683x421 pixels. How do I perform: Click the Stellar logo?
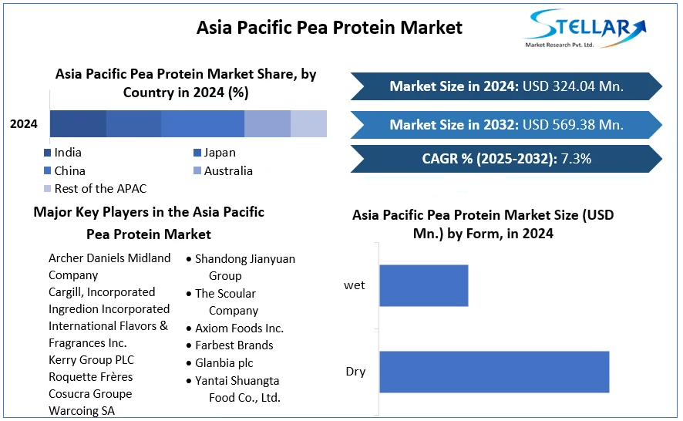[x=585, y=29]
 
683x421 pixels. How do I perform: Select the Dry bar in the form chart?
[x=494, y=372]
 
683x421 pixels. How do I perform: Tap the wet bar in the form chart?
[x=424, y=285]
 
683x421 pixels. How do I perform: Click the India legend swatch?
[x=48, y=153]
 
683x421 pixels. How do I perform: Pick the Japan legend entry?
[x=215, y=153]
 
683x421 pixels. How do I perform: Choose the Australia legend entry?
[x=224, y=171]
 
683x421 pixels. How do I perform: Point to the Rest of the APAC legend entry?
[x=96, y=189]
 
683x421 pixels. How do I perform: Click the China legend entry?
[x=65, y=171]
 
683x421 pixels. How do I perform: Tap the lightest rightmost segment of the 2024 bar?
[x=309, y=124]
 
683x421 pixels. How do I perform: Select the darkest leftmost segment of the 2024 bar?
[x=79, y=124]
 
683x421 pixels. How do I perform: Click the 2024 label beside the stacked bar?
[x=24, y=124]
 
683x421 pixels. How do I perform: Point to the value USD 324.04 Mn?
[x=574, y=86]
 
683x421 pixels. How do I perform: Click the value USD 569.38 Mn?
[x=574, y=125]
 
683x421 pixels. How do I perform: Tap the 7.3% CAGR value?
[x=576, y=159]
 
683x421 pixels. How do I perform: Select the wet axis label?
[x=355, y=285]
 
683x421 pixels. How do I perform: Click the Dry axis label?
[x=355, y=372]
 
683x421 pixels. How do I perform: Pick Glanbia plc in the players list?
[x=224, y=363]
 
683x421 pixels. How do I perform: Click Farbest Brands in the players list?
[x=234, y=345]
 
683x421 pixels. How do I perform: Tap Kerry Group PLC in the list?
[x=92, y=360]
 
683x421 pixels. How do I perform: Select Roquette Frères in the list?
[x=91, y=377]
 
